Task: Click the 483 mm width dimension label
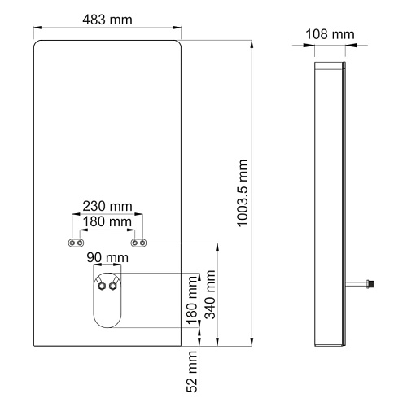tap(107, 20)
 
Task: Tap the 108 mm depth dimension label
tap(330, 34)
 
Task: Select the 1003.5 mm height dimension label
tap(243, 193)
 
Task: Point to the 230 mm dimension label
tap(107, 206)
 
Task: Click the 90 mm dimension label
tap(107, 257)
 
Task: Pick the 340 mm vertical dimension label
tap(210, 295)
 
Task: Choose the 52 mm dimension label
tap(192, 371)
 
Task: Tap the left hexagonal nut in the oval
tap(102, 286)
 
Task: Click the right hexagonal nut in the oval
tap(112, 286)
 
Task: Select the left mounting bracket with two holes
tap(76, 243)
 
